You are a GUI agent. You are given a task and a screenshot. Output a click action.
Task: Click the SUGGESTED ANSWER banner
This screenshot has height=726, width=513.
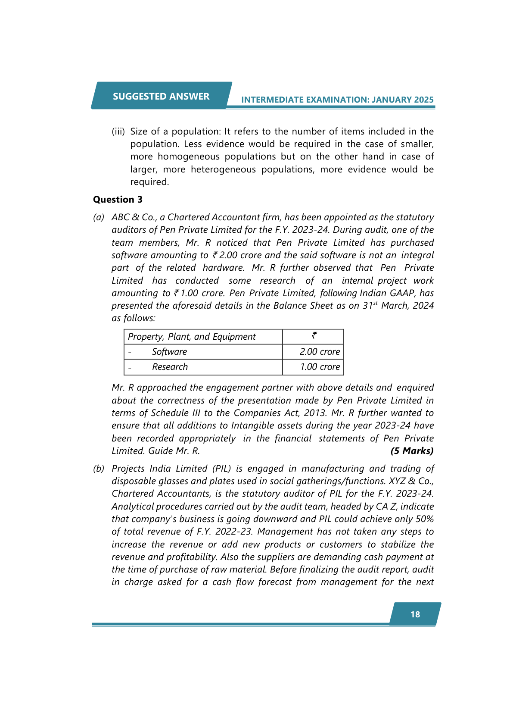pos(161,96)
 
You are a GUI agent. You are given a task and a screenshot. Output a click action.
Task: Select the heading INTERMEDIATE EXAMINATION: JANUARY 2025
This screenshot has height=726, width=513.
pos(337,100)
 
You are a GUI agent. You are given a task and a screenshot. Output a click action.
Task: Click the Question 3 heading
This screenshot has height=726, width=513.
pos(118,199)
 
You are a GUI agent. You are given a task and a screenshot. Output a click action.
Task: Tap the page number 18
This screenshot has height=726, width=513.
pos(415,614)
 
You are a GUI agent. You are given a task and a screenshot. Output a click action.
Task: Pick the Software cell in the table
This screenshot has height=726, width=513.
pos(169,352)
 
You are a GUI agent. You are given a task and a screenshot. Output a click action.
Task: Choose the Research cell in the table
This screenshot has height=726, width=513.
pos(170,367)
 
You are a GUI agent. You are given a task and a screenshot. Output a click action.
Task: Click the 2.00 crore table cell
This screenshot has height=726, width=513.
pos(320,352)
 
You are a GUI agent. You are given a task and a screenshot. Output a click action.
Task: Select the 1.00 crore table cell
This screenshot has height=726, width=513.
pos(320,367)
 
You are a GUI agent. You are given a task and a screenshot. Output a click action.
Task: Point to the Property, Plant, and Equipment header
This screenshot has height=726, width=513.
pos(192,337)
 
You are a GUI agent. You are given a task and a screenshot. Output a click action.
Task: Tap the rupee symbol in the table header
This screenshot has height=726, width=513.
pos(314,335)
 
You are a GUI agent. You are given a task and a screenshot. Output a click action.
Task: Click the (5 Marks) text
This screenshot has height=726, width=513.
pos(412,451)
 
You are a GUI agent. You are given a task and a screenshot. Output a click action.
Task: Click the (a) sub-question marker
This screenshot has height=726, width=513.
pos(99,217)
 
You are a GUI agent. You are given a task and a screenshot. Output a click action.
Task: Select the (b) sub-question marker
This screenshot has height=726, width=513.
pos(99,469)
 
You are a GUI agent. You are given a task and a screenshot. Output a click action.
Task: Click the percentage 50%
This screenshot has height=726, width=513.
pos(425,519)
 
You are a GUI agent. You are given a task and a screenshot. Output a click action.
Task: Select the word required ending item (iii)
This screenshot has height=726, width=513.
pos(149,182)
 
